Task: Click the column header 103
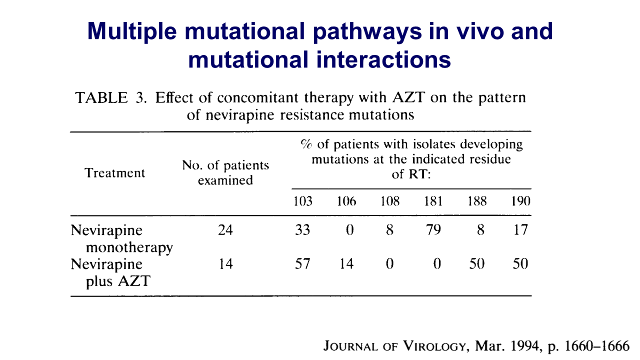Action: [303, 201]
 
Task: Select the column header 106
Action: [346, 201]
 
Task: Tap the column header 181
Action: [433, 201]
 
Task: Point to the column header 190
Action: [520, 201]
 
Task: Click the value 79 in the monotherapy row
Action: [433, 229]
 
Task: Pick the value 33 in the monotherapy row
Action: [302, 229]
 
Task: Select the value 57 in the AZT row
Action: [302, 263]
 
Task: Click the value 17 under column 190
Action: [520, 229]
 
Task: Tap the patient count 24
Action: [225, 229]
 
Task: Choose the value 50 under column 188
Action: [477, 263]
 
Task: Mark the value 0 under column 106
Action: [349, 229]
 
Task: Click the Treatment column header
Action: [114, 173]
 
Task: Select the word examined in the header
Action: [225, 180]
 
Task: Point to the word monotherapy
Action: [129, 247]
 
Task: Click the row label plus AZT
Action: [118, 281]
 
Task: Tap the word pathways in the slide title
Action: [367, 32]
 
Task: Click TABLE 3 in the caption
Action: [111, 97]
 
